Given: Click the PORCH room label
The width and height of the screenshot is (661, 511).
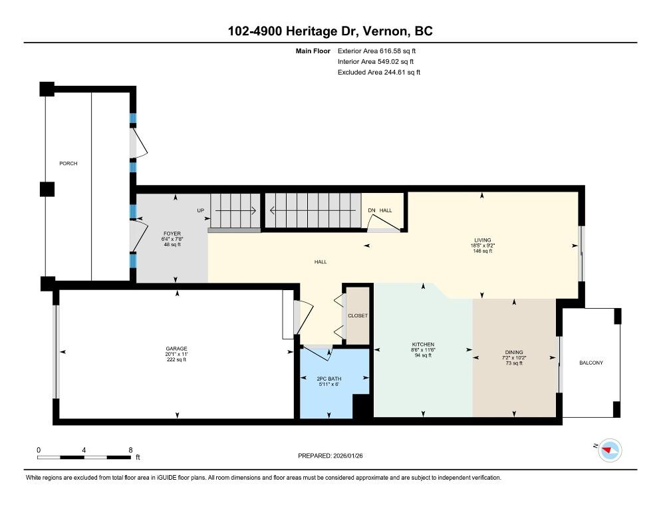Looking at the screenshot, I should click(68, 163).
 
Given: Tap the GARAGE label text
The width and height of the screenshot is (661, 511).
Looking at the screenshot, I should click(176, 348).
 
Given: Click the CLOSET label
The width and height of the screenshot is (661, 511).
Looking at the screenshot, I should click(357, 315).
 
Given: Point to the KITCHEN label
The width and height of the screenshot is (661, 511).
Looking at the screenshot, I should click(422, 344).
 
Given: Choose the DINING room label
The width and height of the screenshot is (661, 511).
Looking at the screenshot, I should click(514, 352).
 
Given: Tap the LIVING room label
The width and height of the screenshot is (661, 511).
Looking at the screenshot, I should click(482, 240).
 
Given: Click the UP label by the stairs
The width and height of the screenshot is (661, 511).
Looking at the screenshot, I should click(201, 210).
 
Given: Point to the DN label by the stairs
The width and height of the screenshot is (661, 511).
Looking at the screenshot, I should click(372, 210).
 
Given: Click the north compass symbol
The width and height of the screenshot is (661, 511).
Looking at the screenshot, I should click(608, 450).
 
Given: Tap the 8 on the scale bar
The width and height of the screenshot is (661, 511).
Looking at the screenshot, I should click(130, 450).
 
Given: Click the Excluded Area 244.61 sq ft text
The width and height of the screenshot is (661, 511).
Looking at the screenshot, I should click(379, 72).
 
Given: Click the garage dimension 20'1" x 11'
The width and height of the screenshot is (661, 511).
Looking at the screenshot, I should click(176, 354).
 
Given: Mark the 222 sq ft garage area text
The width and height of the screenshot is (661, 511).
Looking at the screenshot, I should click(176, 360).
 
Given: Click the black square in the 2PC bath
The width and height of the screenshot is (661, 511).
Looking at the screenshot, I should click(362, 406).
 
